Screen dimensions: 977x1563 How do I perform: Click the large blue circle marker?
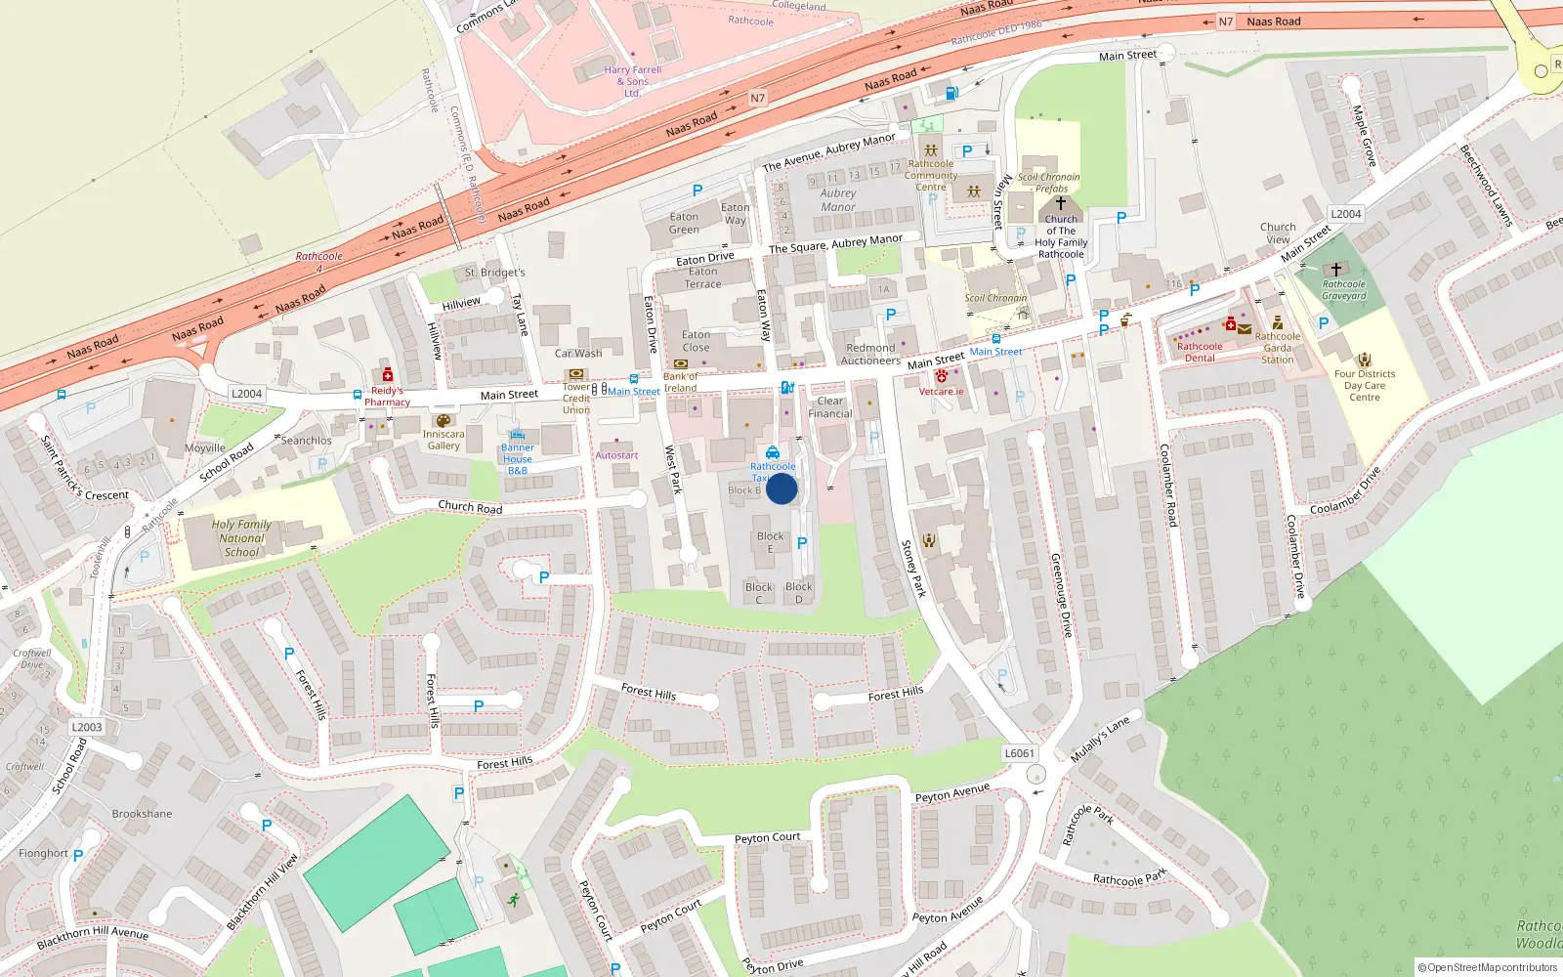(781, 488)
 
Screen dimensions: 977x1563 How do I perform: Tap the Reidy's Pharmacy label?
(388, 396)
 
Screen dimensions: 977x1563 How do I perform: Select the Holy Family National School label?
(241, 538)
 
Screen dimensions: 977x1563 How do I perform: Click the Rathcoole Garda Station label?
(1277, 348)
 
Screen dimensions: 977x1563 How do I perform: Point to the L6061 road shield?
(1019, 753)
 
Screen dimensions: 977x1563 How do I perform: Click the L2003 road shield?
(86, 727)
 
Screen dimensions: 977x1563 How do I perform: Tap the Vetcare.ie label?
(941, 392)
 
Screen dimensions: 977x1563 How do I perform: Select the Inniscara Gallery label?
(444, 440)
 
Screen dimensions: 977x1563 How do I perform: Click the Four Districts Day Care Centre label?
(1365, 385)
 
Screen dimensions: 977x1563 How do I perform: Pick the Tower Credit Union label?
(576, 398)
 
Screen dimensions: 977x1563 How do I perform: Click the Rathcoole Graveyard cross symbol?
(1336, 269)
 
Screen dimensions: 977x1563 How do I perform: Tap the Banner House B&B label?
(518, 459)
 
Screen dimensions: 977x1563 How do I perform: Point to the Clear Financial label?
(830, 407)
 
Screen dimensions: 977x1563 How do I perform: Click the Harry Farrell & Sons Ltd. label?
(632, 81)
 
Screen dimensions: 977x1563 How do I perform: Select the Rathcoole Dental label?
(1200, 352)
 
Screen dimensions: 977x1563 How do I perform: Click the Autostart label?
(616, 455)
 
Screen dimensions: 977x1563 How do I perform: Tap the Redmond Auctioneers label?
(870, 354)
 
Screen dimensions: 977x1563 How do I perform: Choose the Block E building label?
(770, 542)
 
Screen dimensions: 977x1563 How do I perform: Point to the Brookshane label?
(142, 814)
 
